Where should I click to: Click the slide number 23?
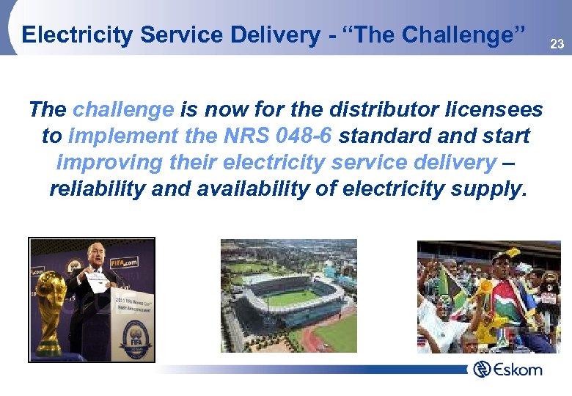(x=557, y=45)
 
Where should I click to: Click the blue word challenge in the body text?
(x=123, y=110)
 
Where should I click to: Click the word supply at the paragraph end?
(x=488, y=189)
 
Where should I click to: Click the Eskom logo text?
(x=518, y=369)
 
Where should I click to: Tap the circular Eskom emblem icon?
(x=482, y=369)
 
